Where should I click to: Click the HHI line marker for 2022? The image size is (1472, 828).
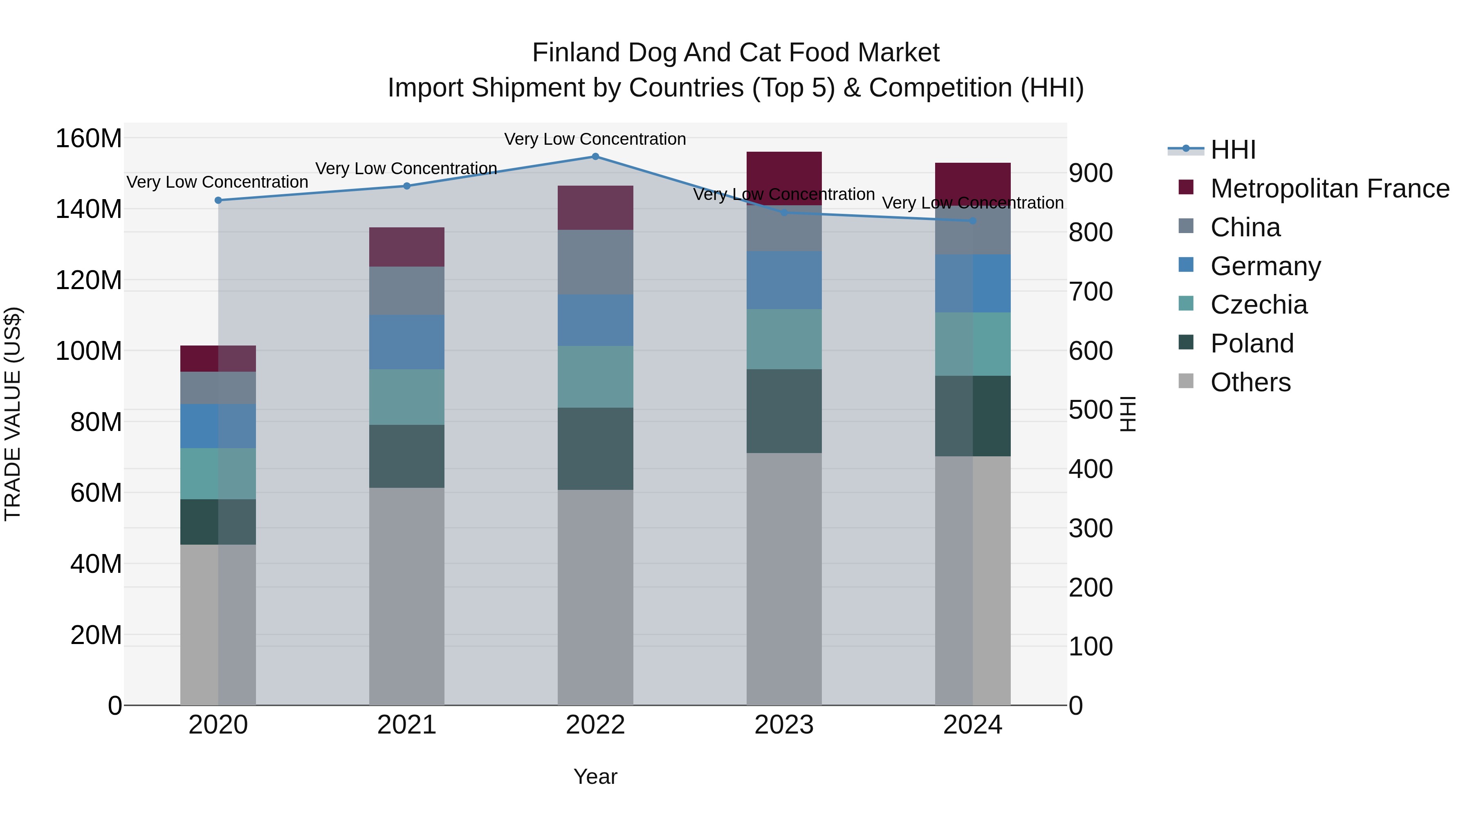[x=595, y=157]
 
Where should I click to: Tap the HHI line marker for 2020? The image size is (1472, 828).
[x=218, y=201]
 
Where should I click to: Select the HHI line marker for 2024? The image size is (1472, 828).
[x=973, y=220]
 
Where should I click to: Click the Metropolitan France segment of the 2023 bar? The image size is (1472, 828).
[x=784, y=178]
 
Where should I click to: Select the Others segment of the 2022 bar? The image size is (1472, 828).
[x=595, y=597]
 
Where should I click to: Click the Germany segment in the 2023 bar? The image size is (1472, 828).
[x=784, y=280]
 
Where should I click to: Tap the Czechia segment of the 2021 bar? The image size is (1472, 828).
[x=406, y=397]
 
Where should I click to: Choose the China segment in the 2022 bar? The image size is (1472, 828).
[x=595, y=262]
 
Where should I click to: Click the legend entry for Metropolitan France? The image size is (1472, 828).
[x=1329, y=188]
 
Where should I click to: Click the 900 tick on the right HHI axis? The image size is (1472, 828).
[x=1090, y=173]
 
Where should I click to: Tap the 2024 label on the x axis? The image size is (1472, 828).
[x=973, y=725]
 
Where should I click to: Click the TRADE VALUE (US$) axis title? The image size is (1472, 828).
[x=13, y=414]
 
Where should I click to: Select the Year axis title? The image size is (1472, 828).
[x=595, y=776]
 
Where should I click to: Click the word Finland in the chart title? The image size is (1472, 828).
[x=576, y=53]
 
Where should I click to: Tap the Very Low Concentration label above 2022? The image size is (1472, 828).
[x=595, y=139]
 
